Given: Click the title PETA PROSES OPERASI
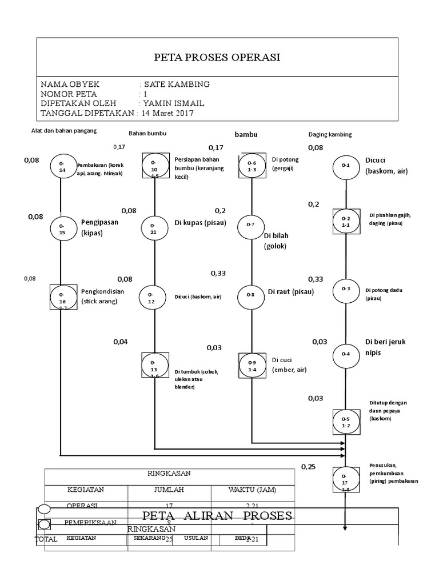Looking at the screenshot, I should (x=218, y=57).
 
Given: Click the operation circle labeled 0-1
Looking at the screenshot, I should (x=346, y=166).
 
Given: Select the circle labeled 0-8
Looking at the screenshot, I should (x=251, y=295).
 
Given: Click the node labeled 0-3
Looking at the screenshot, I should (x=346, y=289).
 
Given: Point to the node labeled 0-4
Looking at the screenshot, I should (x=346, y=354).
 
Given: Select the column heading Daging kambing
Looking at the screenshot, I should (x=330, y=135).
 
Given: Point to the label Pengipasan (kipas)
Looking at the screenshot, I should (x=100, y=228).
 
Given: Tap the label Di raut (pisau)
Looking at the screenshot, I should (x=291, y=292).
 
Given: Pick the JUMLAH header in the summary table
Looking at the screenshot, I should (x=169, y=490).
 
